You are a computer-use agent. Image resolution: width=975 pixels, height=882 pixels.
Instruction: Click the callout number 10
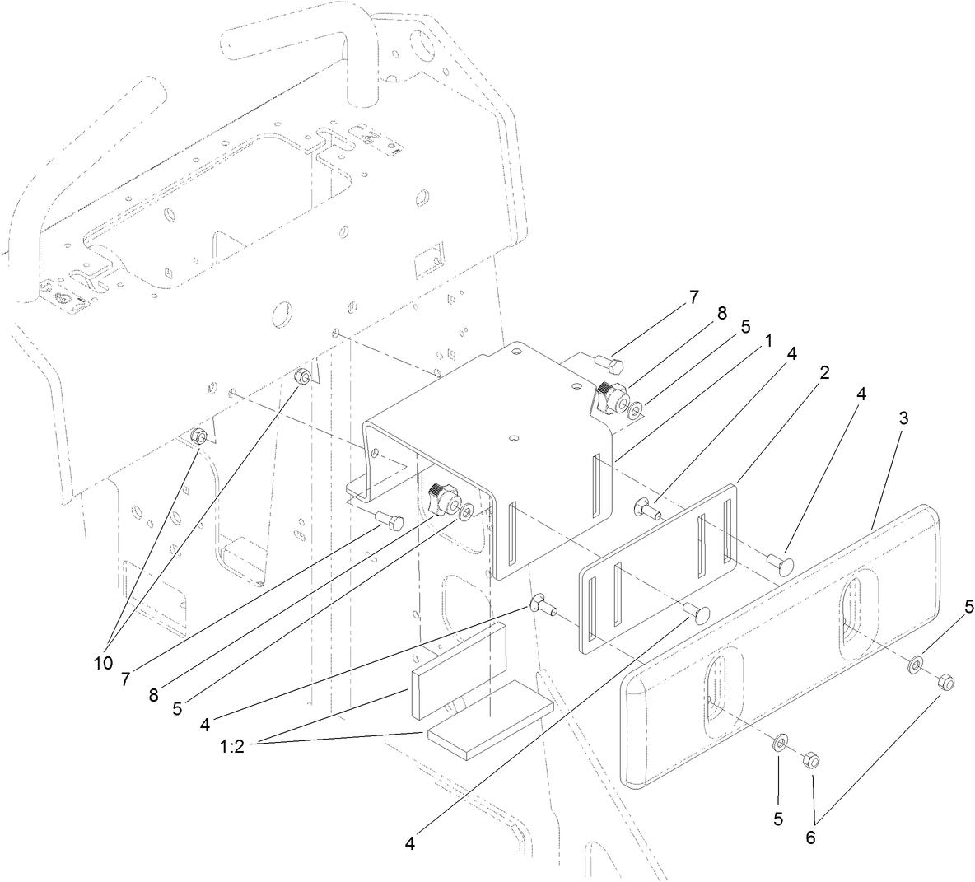[103, 663]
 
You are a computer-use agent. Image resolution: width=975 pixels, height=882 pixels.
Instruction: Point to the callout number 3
[903, 418]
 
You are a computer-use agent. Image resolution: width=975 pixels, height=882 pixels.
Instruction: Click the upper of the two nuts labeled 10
[302, 377]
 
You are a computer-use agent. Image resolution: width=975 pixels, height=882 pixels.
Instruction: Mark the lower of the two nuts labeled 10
[198, 436]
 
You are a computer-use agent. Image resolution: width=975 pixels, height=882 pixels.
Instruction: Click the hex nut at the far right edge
[946, 683]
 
